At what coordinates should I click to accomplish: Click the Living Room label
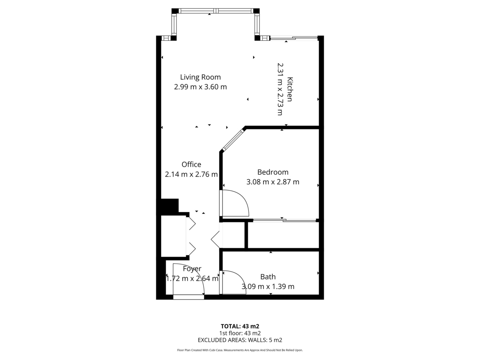coord(200,77)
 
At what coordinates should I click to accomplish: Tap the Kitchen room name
coord(290,89)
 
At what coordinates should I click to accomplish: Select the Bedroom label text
coord(273,172)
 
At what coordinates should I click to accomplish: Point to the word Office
coord(191,164)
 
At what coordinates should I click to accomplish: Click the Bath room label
coord(268,277)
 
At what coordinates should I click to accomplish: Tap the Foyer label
coord(192,269)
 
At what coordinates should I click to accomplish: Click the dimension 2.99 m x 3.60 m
coord(200,87)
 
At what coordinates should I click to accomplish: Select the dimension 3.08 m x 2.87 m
coord(273,182)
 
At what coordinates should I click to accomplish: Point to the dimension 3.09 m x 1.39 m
coord(268,286)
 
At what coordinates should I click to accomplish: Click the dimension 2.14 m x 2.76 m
coord(191,174)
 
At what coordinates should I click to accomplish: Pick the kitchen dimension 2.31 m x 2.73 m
coord(280,89)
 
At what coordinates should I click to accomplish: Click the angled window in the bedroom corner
coord(233,140)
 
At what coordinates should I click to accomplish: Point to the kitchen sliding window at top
coord(294,38)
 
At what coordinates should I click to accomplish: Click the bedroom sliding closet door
coord(285,220)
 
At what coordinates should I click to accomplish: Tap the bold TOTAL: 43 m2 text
coord(240,326)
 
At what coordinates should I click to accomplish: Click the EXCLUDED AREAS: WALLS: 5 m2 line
coord(240,340)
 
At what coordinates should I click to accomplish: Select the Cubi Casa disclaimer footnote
coord(240,350)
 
